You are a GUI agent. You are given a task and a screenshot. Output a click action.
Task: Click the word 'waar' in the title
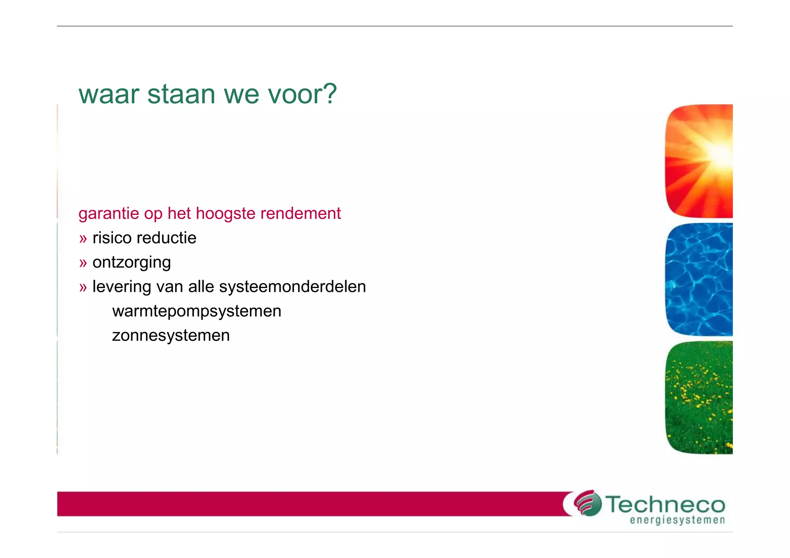point(108,94)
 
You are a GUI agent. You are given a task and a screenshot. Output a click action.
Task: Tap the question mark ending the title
point(329,94)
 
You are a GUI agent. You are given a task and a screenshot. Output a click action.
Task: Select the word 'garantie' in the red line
point(108,214)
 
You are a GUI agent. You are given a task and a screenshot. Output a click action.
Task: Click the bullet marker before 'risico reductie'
point(83,239)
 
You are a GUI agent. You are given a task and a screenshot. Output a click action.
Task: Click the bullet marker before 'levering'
point(83,287)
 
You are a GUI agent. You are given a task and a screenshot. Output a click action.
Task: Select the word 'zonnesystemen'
point(171,335)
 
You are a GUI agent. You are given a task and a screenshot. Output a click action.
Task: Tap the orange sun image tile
point(699,161)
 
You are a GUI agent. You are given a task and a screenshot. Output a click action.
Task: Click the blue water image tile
point(699,280)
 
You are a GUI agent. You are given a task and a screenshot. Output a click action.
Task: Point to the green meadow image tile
point(699,397)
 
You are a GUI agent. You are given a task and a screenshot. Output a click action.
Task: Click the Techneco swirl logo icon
point(587,503)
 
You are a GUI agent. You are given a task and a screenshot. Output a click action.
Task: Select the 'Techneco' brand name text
point(665,504)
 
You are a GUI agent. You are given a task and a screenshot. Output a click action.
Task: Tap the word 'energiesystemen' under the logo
point(677,521)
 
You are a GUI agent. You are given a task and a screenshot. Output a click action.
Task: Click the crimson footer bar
point(309,504)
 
